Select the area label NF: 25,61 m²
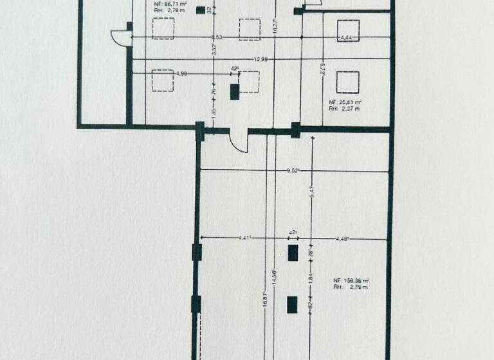tap(344, 102)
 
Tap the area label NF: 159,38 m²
tap(350, 281)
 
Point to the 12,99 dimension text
tap(261, 59)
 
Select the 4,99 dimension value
tap(181, 74)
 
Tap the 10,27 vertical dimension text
tap(275, 29)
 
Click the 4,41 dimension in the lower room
tap(244, 239)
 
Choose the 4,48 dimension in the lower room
tap(342, 239)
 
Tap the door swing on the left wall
tap(120, 37)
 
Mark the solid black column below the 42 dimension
tap(235, 91)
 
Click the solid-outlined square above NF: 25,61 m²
tap(347, 82)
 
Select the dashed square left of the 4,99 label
tap(162, 81)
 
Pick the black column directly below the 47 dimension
tap(293, 253)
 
